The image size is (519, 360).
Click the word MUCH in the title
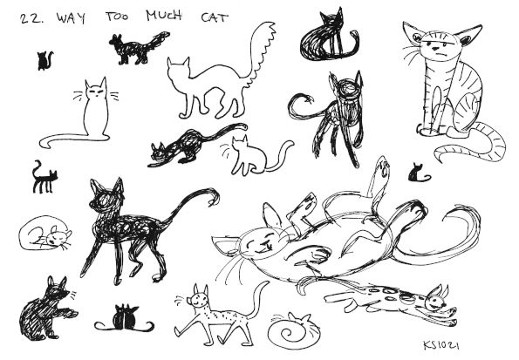164,16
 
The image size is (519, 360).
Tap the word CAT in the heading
215,17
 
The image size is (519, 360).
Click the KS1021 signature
440,345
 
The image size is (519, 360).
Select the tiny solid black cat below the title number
44,61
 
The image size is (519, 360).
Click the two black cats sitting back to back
125,319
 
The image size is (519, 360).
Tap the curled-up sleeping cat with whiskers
45,234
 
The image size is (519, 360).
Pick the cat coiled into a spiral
294,331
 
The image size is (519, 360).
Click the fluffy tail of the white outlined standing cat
263,53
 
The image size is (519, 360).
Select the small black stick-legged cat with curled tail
44,178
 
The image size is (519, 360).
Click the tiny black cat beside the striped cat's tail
419,173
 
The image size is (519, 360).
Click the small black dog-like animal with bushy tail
139,48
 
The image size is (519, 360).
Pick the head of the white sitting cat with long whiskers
96,89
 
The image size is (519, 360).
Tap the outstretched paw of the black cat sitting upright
70,313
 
